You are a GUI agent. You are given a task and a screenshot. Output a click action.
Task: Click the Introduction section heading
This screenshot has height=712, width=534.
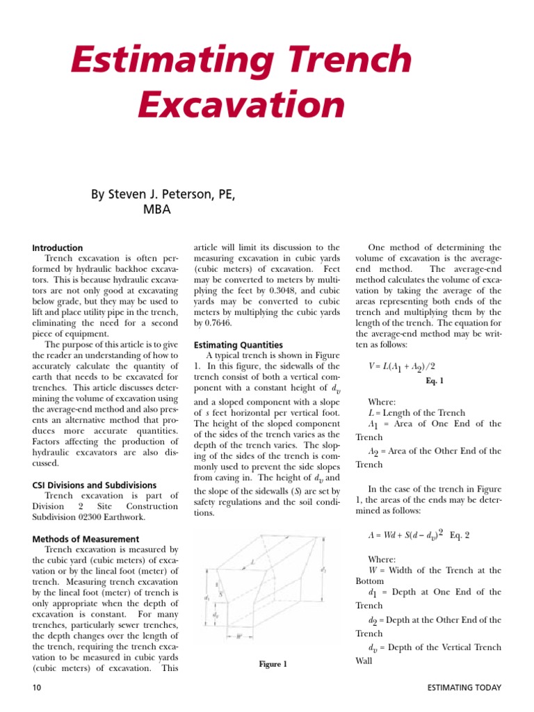[58, 248]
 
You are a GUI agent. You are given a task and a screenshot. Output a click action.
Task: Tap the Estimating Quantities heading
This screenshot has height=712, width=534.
[238, 344]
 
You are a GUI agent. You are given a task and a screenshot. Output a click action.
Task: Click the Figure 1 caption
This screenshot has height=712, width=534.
[273, 664]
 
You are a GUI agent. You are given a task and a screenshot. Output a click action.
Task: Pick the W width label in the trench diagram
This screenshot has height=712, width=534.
[238, 636]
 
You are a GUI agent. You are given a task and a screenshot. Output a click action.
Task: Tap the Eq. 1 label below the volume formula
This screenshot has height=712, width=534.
[434, 381]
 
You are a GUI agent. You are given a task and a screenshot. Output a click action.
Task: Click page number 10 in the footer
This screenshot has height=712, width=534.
[38, 688]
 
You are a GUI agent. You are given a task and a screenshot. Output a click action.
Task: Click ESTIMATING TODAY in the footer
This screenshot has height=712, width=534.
[464, 688]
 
